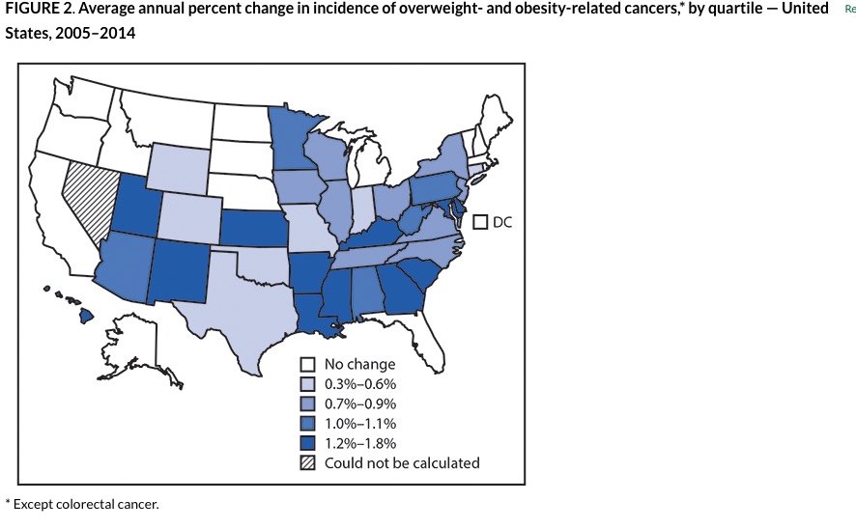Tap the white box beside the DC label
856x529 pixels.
tap(480, 222)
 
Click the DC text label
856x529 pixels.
tap(502, 222)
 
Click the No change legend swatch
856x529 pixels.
tap(308, 364)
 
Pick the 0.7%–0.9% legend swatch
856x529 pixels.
tap(308, 404)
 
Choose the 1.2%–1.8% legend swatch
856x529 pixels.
tap(308, 443)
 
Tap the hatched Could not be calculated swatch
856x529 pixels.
tap(308, 462)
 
